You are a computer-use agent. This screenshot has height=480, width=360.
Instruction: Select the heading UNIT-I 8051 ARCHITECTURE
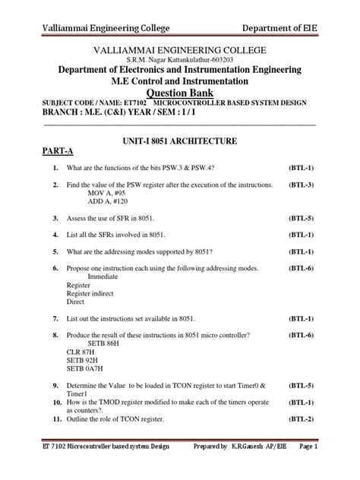(x=179, y=141)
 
